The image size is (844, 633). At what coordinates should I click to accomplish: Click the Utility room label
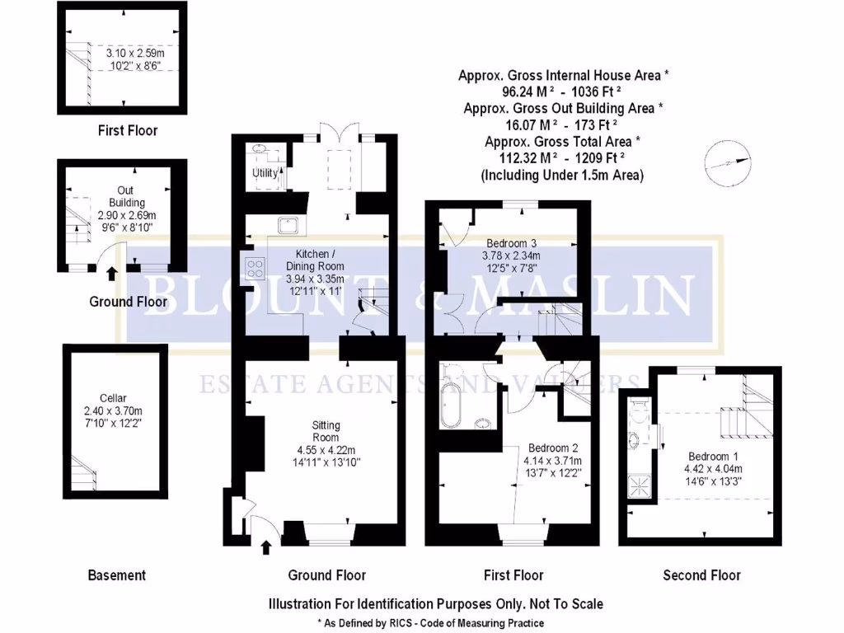[265, 173]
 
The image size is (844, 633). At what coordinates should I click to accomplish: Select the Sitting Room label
[326, 431]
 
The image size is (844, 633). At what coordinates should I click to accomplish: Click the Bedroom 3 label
[511, 243]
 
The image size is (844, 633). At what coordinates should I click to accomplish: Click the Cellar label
[113, 398]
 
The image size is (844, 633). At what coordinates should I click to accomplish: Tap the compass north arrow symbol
[729, 162]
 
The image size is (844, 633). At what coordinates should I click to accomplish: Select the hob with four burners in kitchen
[254, 268]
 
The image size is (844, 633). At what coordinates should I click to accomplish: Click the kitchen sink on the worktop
[288, 223]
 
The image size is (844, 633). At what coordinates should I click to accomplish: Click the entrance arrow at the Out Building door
[112, 273]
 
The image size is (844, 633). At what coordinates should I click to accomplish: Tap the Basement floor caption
[116, 575]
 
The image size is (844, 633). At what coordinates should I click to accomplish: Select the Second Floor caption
[701, 575]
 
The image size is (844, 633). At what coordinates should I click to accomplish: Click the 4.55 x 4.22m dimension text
[326, 449]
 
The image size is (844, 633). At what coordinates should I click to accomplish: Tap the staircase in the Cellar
[83, 475]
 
